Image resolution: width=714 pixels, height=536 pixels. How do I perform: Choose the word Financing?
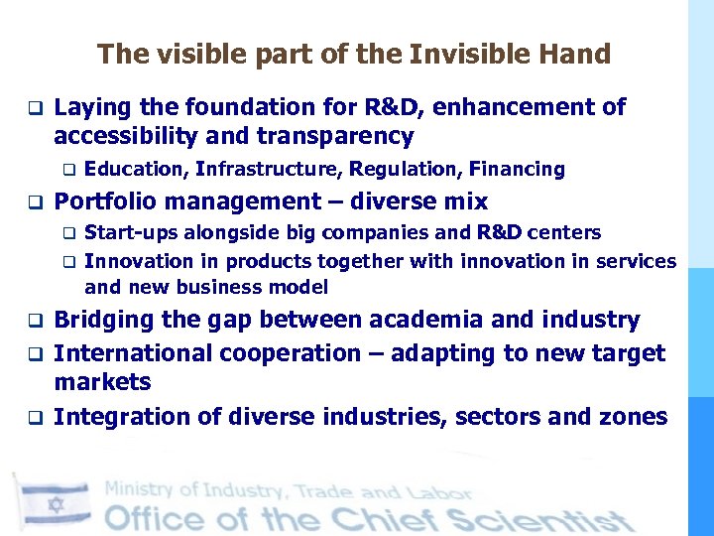(x=517, y=170)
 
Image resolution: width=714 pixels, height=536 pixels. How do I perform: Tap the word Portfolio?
(x=107, y=202)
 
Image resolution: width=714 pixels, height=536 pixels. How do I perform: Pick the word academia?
(x=429, y=320)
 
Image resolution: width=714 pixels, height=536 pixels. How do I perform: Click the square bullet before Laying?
(x=32, y=107)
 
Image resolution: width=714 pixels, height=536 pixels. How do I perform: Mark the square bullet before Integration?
(x=32, y=418)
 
